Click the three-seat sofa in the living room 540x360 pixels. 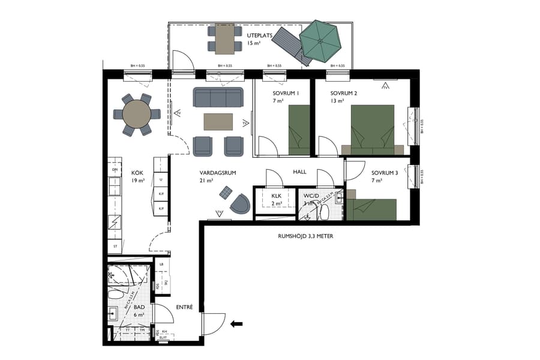point(218,97)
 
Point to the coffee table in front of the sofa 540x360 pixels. point(218,122)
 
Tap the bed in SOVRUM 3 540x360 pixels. point(373,209)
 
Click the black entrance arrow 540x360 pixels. point(237,324)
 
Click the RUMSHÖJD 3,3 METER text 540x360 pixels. point(306,236)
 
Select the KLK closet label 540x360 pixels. point(276,196)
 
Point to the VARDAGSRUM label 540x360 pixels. point(217,173)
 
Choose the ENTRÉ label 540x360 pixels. point(184,307)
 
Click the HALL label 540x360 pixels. point(300,172)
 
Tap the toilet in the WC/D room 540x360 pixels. point(324,211)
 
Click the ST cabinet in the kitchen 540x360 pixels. point(114,246)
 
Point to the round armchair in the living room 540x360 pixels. point(240,204)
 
